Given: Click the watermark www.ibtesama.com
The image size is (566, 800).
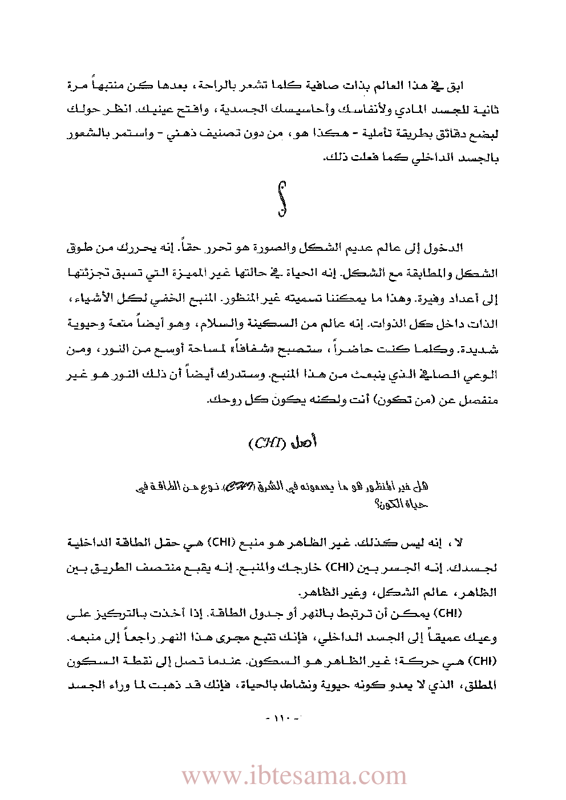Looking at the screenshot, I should [294, 776].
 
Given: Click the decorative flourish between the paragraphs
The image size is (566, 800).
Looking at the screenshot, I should [282, 198].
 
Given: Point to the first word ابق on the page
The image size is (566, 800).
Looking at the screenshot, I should [454, 86].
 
